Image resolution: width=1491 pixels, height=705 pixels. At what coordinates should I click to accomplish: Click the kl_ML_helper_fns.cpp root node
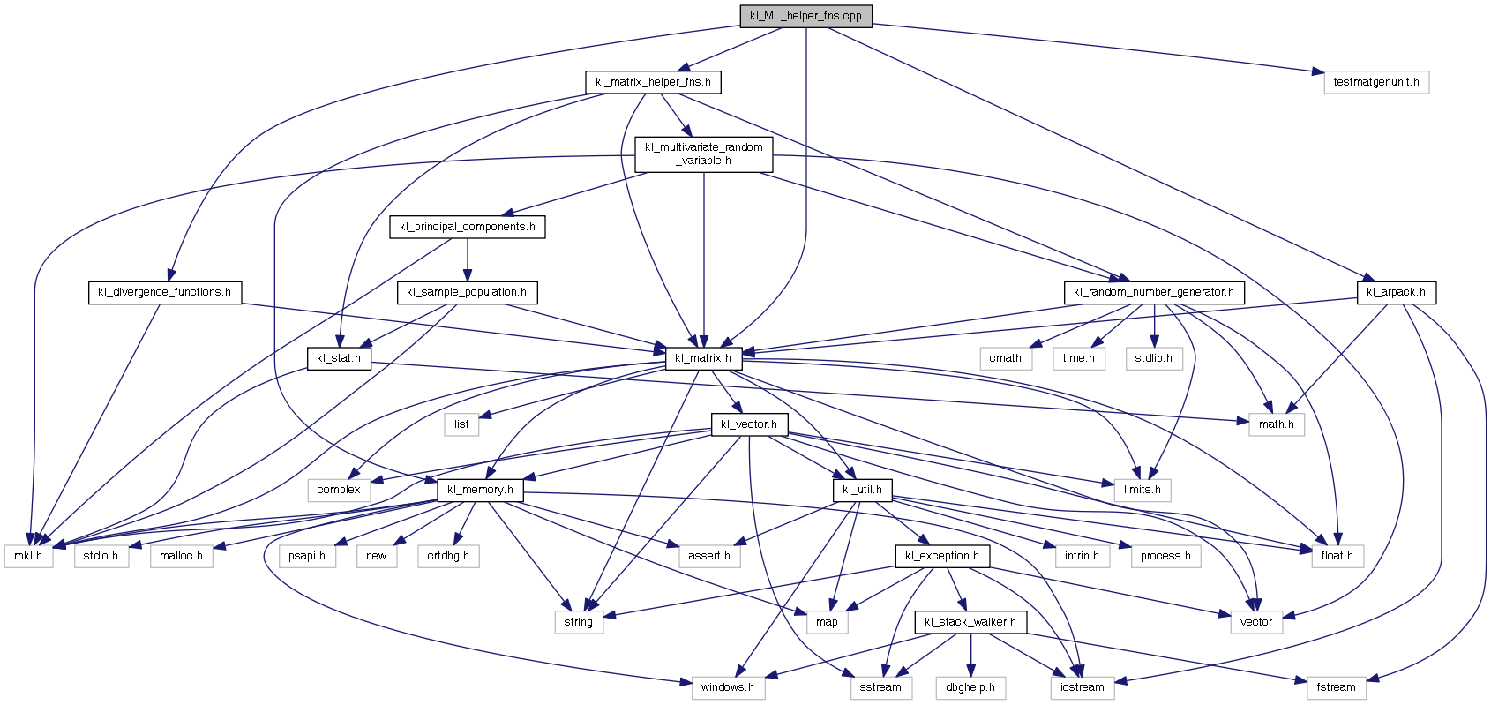tap(805, 16)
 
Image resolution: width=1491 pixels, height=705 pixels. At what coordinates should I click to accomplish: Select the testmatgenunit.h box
tap(1375, 82)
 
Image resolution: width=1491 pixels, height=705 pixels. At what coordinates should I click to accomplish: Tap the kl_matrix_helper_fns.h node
tap(653, 82)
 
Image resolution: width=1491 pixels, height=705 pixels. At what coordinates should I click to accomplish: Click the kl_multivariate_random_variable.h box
tap(703, 154)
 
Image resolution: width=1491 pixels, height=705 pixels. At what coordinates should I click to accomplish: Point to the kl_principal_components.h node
tap(467, 227)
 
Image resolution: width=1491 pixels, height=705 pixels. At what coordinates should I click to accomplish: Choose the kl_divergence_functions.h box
tap(165, 292)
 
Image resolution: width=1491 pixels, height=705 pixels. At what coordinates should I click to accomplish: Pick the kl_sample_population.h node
tap(467, 292)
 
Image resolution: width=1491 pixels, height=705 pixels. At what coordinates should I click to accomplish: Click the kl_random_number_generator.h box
tap(1153, 292)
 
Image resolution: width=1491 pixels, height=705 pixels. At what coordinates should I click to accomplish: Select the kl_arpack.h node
tap(1396, 292)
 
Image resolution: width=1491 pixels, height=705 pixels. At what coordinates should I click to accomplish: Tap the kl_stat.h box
tap(339, 358)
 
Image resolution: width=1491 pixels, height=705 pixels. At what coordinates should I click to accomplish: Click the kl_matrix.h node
tap(703, 358)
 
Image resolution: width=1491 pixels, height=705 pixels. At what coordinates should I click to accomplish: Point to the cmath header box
tap(1005, 358)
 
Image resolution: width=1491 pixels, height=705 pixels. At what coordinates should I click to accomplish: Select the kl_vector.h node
tap(748, 424)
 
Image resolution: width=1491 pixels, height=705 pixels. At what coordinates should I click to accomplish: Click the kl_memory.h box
tap(480, 490)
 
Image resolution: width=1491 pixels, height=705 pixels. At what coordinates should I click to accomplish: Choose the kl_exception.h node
tap(942, 556)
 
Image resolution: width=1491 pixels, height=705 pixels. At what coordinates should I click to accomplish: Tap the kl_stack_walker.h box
tap(970, 622)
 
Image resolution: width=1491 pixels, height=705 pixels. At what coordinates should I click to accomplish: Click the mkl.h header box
tap(27, 556)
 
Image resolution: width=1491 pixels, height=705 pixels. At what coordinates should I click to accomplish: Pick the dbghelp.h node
tap(970, 687)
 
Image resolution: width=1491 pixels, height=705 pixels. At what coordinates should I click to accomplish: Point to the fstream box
tap(1336, 687)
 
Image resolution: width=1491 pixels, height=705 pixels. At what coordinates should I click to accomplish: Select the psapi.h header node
tap(307, 556)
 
